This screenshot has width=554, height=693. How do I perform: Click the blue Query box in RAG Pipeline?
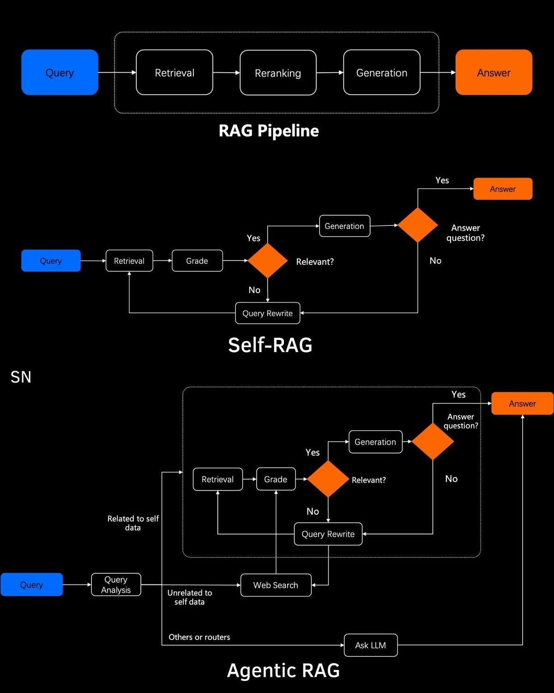tap(60, 73)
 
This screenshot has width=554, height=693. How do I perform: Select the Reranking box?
tap(278, 73)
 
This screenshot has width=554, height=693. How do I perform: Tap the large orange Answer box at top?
tap(494, 73)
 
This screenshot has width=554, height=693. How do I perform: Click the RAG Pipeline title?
tap(269, 131)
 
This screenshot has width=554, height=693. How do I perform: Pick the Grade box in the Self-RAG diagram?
tap(197, 261)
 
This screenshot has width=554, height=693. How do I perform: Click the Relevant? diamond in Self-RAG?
tap(268, 261)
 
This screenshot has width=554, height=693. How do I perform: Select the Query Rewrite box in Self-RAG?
tap(268, 313)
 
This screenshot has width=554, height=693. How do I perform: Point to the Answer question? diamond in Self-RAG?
tap(418, 225)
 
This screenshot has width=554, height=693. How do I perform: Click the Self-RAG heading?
tap(270, 345)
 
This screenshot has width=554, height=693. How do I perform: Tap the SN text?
tap(21, 377)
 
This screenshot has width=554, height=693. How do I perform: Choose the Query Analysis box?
tap(116, 585)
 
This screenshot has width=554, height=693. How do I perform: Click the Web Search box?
tap(276, 585)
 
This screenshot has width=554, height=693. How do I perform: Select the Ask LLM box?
tap(371, 645)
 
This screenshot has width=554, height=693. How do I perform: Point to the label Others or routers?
tap(199, 637)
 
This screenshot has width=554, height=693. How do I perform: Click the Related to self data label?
tap(133, 523)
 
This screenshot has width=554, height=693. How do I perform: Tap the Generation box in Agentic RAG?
tap(375, 442)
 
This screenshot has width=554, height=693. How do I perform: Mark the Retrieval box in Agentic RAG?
tap(217, 480)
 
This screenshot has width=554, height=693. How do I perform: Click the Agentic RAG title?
tap(283, 670)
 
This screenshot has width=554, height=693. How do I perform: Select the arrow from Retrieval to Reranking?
tap(226, 73)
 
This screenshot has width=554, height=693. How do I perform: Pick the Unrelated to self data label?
tap(190, 597)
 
